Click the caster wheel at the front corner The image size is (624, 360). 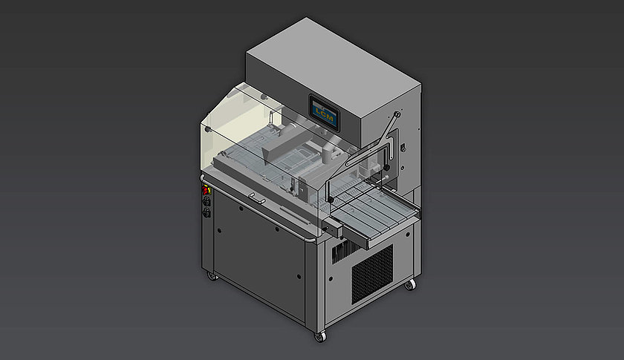coord(320,336)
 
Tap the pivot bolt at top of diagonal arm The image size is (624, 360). coord(397,114)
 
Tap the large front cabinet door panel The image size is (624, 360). coord(260,260)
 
